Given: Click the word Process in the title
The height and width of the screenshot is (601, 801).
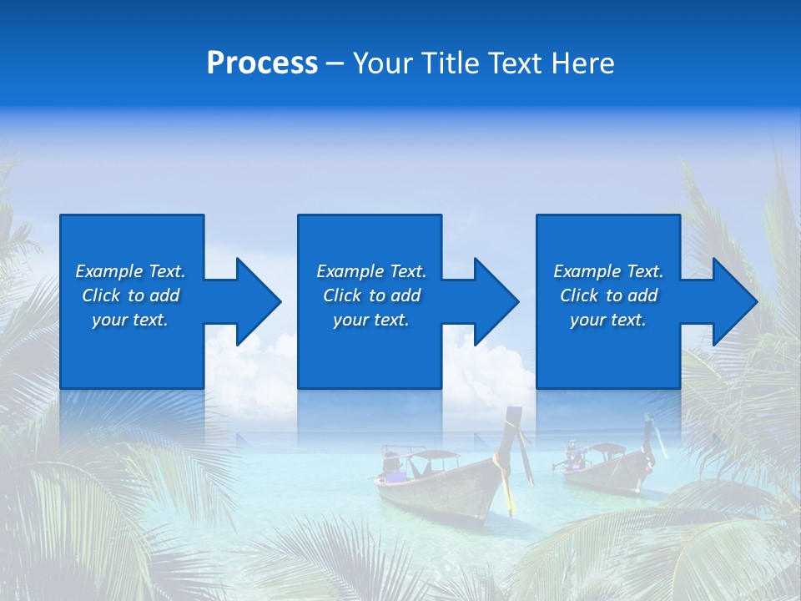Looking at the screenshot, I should point(262,63).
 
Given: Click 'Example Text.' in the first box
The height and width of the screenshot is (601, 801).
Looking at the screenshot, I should point(130,271).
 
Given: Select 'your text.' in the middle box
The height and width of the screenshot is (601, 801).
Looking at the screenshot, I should point(371,320).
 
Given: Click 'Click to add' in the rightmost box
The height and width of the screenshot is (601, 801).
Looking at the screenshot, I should point(608,295).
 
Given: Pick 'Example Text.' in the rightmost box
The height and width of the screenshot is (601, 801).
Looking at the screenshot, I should point(608,271).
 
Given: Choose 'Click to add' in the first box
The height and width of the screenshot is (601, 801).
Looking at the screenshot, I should point(130,295).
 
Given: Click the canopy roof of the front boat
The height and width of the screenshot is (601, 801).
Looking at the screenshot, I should point(431,454).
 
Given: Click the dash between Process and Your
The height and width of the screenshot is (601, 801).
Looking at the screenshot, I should point(335,63).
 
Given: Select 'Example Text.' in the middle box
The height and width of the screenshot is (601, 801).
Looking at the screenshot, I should point(371,271).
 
